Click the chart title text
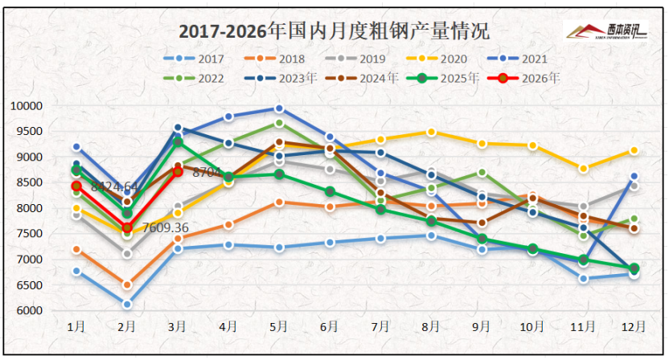(x=333, y=31)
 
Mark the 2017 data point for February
(x=127, y=305)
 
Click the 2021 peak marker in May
(x=279, y=108)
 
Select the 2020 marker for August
(x=431, y=132)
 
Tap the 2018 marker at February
(x=127, y=284)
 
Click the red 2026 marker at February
(x=127, y=228)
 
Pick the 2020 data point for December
(x=634, y=150)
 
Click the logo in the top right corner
(x=608, y=31)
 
